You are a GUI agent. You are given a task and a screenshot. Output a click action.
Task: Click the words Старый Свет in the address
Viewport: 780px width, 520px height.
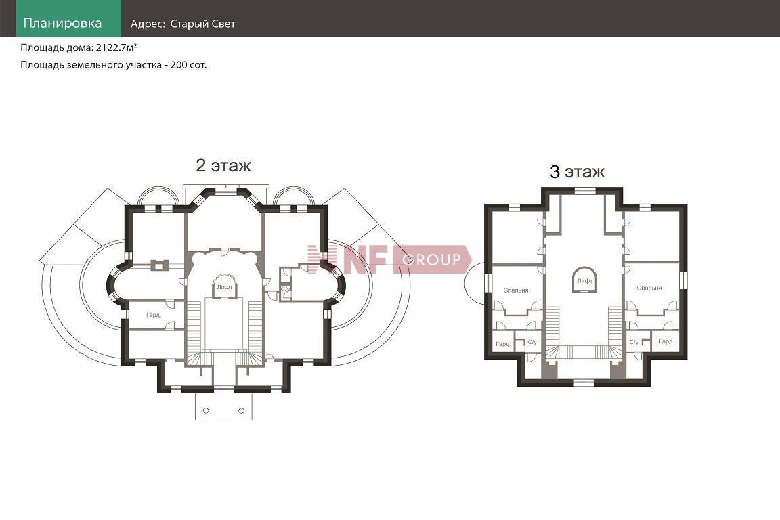(x=202, y=24)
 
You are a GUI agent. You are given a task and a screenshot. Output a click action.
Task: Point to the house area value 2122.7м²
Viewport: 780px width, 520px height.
(x=116, y=48)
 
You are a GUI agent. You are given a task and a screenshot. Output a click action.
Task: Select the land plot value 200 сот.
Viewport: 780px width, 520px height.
(x=188, y=65)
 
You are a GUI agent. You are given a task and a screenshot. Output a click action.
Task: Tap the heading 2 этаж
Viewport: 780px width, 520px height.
(x=223, y=165)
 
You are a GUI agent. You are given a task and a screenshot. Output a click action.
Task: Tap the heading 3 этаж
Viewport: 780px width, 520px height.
(x=577, y=172)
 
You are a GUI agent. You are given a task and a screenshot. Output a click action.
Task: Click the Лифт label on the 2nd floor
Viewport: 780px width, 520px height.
(x=225, y=287)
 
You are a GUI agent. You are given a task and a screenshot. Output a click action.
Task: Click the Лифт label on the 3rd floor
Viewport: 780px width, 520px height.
(x=584, y=281)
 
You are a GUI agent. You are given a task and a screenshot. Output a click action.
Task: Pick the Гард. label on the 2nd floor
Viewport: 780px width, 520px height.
(x=153, y=315)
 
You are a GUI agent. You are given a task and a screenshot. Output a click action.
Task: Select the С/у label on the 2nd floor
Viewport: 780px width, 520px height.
(x=286, y=289)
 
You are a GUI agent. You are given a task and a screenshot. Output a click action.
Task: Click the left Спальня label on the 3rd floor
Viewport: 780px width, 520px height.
(x=516, y=290)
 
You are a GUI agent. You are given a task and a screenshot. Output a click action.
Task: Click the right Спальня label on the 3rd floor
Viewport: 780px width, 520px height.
(x=649, y=288)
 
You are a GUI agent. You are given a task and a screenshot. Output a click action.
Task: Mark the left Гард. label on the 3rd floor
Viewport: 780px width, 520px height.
(x=503, y=344)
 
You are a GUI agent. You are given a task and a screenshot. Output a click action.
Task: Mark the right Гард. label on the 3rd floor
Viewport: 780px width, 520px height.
(x=666, y=341)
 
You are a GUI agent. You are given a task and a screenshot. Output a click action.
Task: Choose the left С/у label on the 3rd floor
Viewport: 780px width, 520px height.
(x=532, y=343)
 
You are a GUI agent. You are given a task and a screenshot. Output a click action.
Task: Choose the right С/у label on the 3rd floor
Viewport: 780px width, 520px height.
(x=634, y=343)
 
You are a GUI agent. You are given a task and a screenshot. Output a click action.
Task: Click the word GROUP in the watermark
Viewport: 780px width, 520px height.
(x=431, y=259)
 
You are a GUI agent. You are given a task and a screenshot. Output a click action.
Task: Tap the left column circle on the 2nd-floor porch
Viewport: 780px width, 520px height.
(x=206, y=410)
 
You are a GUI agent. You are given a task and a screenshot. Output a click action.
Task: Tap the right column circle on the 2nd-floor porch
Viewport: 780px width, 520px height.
(x=241, y=410)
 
